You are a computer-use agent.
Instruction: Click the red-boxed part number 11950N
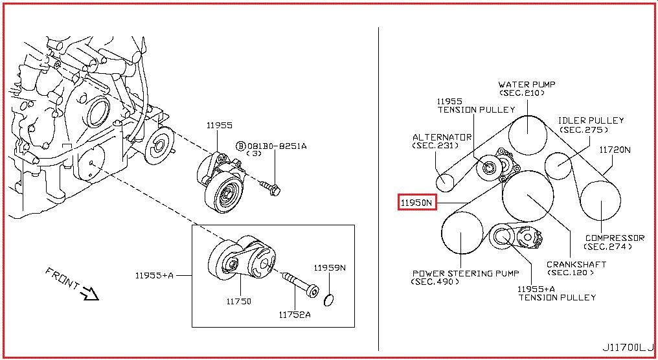coord(416,203)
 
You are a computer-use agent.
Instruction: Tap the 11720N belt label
coord(615,150)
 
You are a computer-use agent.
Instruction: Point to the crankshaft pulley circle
coord(527,195)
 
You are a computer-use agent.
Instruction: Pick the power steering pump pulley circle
coord(462,232)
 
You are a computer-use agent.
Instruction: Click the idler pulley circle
coord(558,165)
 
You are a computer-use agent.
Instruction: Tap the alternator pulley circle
coord(444,182)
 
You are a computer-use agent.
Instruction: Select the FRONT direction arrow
coord(90,293)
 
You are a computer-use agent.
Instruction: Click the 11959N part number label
coord(330,267)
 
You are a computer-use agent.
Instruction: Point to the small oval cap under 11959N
coord(329,300)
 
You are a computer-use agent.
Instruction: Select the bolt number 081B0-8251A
coord(277,146)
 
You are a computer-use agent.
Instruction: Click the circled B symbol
coord(240,146)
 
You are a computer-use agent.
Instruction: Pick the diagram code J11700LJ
coord(628,348)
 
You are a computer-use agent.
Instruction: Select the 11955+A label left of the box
coord(154,276)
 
